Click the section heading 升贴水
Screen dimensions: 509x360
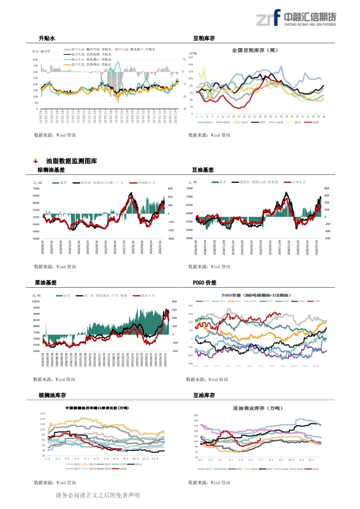(47, 39)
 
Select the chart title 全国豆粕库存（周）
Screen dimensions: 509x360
(255, 50)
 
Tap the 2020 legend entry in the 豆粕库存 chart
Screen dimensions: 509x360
(314, 122)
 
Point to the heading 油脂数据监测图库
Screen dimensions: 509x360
(71, 161)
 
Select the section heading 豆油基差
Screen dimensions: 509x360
(203, 170)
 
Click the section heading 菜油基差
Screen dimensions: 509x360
(45, 283)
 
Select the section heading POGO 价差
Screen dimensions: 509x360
(205, 283)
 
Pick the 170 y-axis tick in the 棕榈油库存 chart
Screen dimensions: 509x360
(43, 414)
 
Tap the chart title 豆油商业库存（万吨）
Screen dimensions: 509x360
(256, 408)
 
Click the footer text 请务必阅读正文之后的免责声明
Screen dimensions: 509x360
(98, 495)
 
